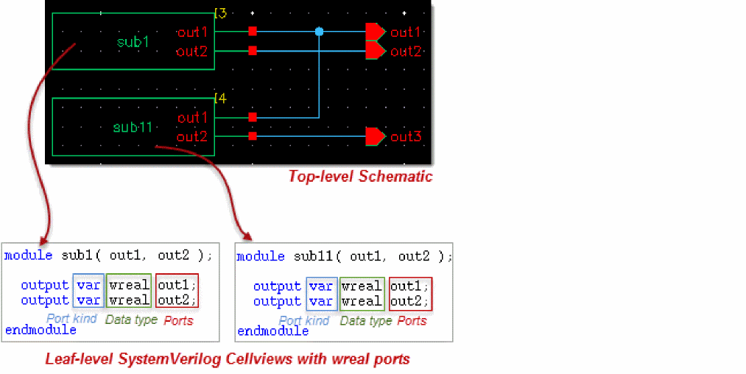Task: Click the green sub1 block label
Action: click(133, 42)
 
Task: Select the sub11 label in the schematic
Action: click(133, 127)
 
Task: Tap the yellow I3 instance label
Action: click(219, 13)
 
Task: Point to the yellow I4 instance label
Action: click(219, 97)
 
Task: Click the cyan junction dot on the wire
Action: click(319, 32)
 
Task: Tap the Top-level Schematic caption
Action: click(360, 176)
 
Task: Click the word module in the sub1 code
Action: click(28, 255)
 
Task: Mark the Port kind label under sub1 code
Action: click(73, 320)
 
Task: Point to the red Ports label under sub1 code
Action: click(178, 320)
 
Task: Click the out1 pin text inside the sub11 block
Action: click(193, 117)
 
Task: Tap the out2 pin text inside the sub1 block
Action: click(192, 51)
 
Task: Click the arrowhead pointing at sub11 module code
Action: click(247, 236)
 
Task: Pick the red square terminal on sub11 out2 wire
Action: click(253, 136)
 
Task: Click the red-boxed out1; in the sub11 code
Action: click(409, 286)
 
